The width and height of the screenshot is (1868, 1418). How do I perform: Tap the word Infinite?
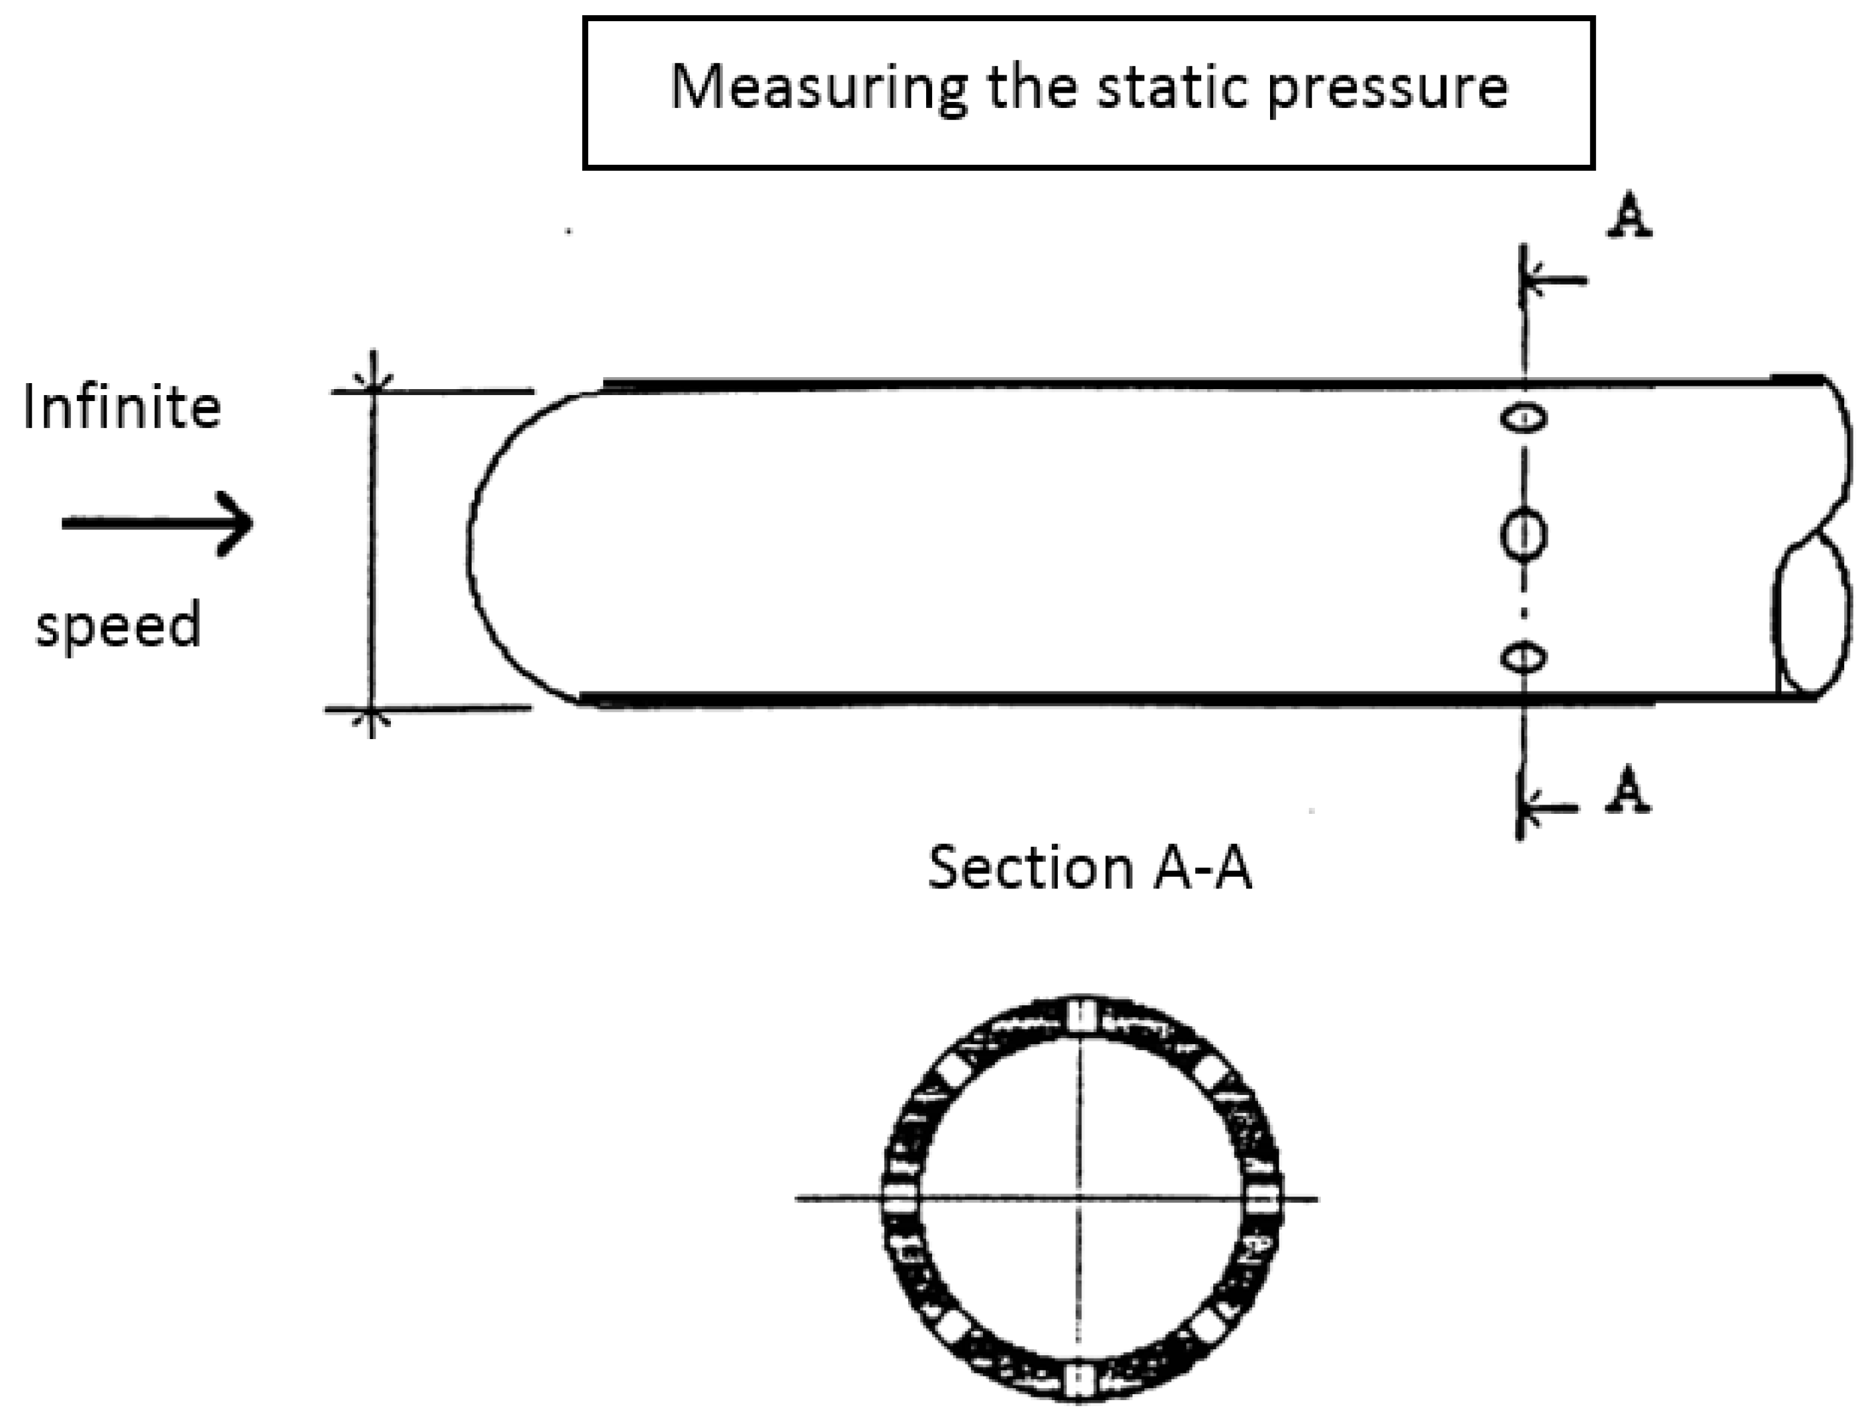point(122,408)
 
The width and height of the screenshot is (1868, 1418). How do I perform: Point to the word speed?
point(118,626)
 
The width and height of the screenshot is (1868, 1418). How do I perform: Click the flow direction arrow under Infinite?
point(157,523)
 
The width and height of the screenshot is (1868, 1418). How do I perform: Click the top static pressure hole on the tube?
point(1524,418)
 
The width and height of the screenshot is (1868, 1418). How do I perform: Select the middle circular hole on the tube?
point(1523,535)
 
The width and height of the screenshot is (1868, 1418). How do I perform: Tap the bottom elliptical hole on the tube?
point(1523,657)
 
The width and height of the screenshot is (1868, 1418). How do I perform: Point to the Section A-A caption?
point(1089,868)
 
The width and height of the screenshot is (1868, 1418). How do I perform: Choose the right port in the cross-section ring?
point(1263,1198)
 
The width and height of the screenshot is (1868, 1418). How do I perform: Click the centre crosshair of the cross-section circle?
point(1080,1198)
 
